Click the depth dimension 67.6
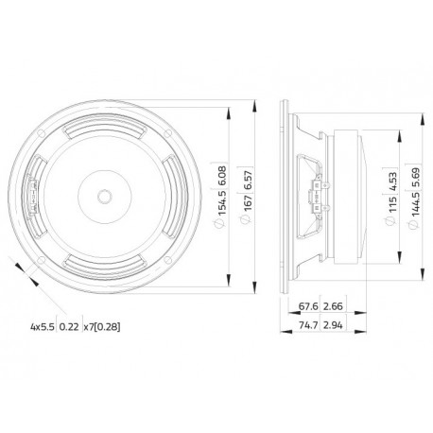[307, 306]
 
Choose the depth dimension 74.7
[307, 325]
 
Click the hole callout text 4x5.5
[43, 327]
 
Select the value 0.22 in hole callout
[70, 327]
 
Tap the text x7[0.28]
[101, 327]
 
